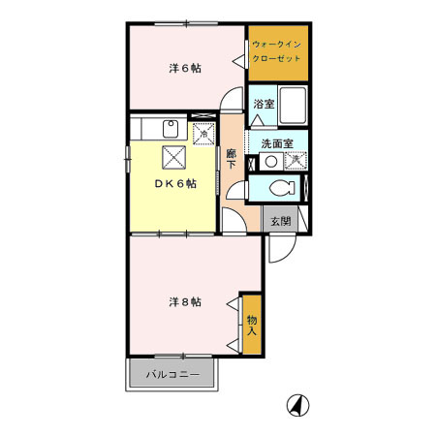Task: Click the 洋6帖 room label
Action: tap(185, 69)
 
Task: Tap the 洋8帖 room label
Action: tap(185, 302)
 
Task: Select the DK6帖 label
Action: tap(175, 183)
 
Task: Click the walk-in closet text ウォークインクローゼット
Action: tap(276, 51)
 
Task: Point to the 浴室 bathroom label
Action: tap(264, 104)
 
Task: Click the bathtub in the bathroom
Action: tap(293, 105)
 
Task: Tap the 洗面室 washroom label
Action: tap(277, 143)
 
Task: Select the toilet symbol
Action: tap(282, 188)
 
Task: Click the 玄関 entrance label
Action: tap(281, 221)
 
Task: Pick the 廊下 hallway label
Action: tap(231, 159)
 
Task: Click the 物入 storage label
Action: tap(252, 326)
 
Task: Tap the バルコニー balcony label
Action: tap(172, 375)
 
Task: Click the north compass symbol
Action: tap(297, 405)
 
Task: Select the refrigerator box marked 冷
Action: tap(203, 134)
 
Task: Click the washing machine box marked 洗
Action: tap(296, 161)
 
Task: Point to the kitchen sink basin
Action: tap(171, 129)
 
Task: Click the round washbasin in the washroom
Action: tap(271, 162)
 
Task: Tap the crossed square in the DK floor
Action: tap(174, 158)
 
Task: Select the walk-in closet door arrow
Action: tap(239, 61)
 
